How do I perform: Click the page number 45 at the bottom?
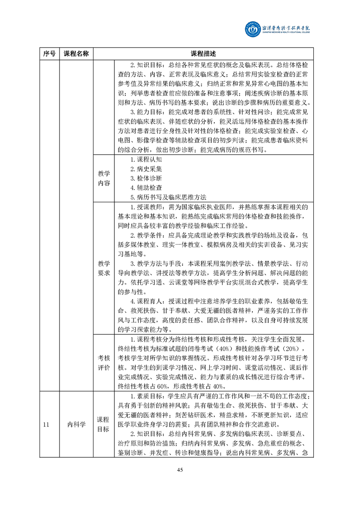pyautogui.click(x=180, y=470)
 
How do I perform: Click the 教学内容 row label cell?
pyautogui.click(x=104, y=178)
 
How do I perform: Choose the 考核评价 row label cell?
pyautogui.click(x=104, y=362)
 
